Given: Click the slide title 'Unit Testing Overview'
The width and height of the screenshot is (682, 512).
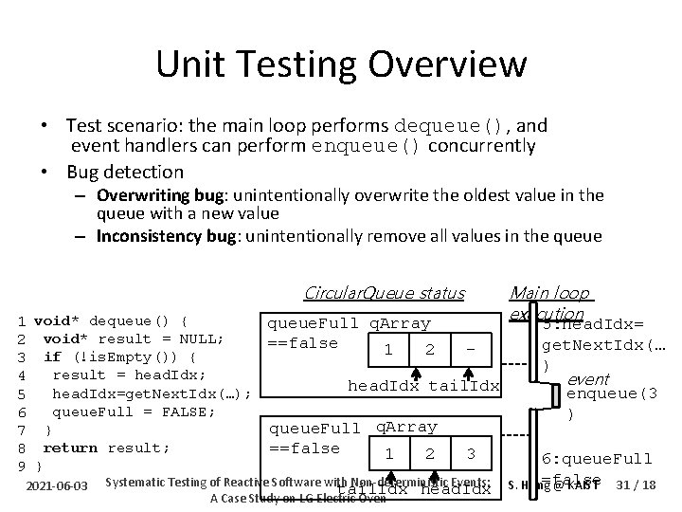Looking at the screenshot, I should [x=341, y=64].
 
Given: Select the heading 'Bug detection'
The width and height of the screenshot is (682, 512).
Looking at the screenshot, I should [x=124, y=172].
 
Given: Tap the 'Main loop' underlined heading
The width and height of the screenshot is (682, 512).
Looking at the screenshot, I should [x=549, y=293].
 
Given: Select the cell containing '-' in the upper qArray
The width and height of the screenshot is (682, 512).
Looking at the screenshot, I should [x=470, y=349].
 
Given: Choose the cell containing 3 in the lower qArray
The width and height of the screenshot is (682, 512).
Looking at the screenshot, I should [x=471, y=452].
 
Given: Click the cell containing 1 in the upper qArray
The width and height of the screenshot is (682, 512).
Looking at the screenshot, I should [x=388, y=349].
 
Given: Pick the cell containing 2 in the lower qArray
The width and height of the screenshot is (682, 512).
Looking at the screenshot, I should [x=430, y=452].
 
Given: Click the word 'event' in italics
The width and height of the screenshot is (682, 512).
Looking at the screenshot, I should [x=587, y=379].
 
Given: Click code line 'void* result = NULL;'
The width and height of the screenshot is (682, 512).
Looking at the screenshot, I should [x=133, y=338].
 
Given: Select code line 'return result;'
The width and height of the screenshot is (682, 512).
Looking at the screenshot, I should [x=106, y=448].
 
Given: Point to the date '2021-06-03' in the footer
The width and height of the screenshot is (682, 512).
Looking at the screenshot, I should [x=59, y=486].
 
